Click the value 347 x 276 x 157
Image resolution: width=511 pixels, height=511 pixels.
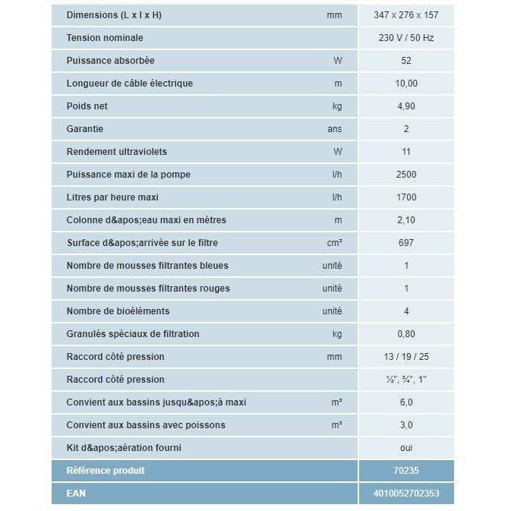406,15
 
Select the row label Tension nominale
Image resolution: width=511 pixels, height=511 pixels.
104,38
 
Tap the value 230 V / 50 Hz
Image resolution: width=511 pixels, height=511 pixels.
406,38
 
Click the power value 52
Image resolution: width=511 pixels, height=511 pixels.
406,61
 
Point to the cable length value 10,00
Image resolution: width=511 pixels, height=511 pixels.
406,84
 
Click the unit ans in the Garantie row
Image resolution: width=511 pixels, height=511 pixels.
335,129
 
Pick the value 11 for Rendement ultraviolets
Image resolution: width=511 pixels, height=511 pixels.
406,152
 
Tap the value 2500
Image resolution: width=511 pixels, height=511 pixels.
406,175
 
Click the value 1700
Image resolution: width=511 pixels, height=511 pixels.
406,197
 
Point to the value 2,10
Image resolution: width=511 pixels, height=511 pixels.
406,220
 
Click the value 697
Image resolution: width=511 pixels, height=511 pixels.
406,243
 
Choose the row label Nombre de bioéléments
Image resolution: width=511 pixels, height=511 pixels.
118,311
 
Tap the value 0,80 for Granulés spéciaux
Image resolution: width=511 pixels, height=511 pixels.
406,334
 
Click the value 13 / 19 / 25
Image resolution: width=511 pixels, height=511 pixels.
406,357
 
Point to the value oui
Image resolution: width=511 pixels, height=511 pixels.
406,448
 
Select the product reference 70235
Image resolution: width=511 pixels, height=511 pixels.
406,471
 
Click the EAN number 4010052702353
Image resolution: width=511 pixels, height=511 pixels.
406,494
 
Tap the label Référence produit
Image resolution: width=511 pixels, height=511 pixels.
106,471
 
